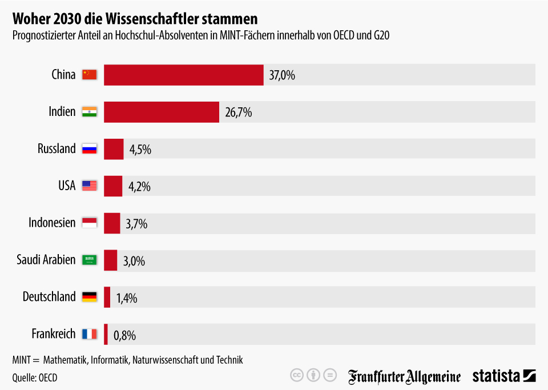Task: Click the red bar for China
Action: [183, 75]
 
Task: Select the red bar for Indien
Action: [162, 112]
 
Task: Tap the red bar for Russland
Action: [114, 149]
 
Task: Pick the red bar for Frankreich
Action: [106, 334]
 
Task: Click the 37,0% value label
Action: [283, 75]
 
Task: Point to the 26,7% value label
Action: [239, 112]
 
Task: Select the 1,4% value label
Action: [127, 297]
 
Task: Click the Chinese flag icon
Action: [90, 74]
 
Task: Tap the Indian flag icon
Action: [90, 111]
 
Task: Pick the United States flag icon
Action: [90, 186]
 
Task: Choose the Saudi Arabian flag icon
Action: [90, 260]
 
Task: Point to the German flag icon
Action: [90, 297]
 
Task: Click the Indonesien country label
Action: [52, 223]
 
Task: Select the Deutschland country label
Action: [49, 297]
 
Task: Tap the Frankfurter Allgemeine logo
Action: [405, 376]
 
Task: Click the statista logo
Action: [504, 376]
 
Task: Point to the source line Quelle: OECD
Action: [35, 377]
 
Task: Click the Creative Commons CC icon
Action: [296, 375]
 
